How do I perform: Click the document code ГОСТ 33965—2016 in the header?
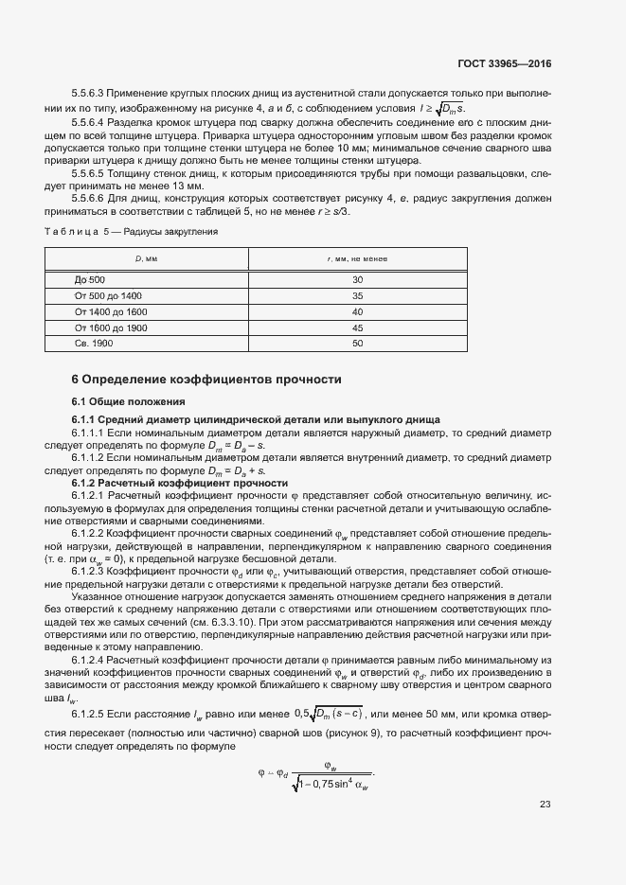tap(503, 64)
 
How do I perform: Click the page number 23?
tap(545, 805)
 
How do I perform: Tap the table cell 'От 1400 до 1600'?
tap(110, 311)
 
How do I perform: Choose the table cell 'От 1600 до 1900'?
tap(110, 327)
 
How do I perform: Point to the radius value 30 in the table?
tap(357, 280)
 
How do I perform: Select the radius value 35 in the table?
tap(357, 296)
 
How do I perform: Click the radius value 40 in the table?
tap(357, 311)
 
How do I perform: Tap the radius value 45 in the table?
tap(357, 327)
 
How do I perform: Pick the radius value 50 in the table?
tap(357, 343)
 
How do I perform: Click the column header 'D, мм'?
tap(145, 258)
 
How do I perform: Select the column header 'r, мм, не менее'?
tap(357, 258)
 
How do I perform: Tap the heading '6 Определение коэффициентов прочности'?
tap(206, 380)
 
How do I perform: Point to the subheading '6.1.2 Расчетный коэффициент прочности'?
tap(179, 483)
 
